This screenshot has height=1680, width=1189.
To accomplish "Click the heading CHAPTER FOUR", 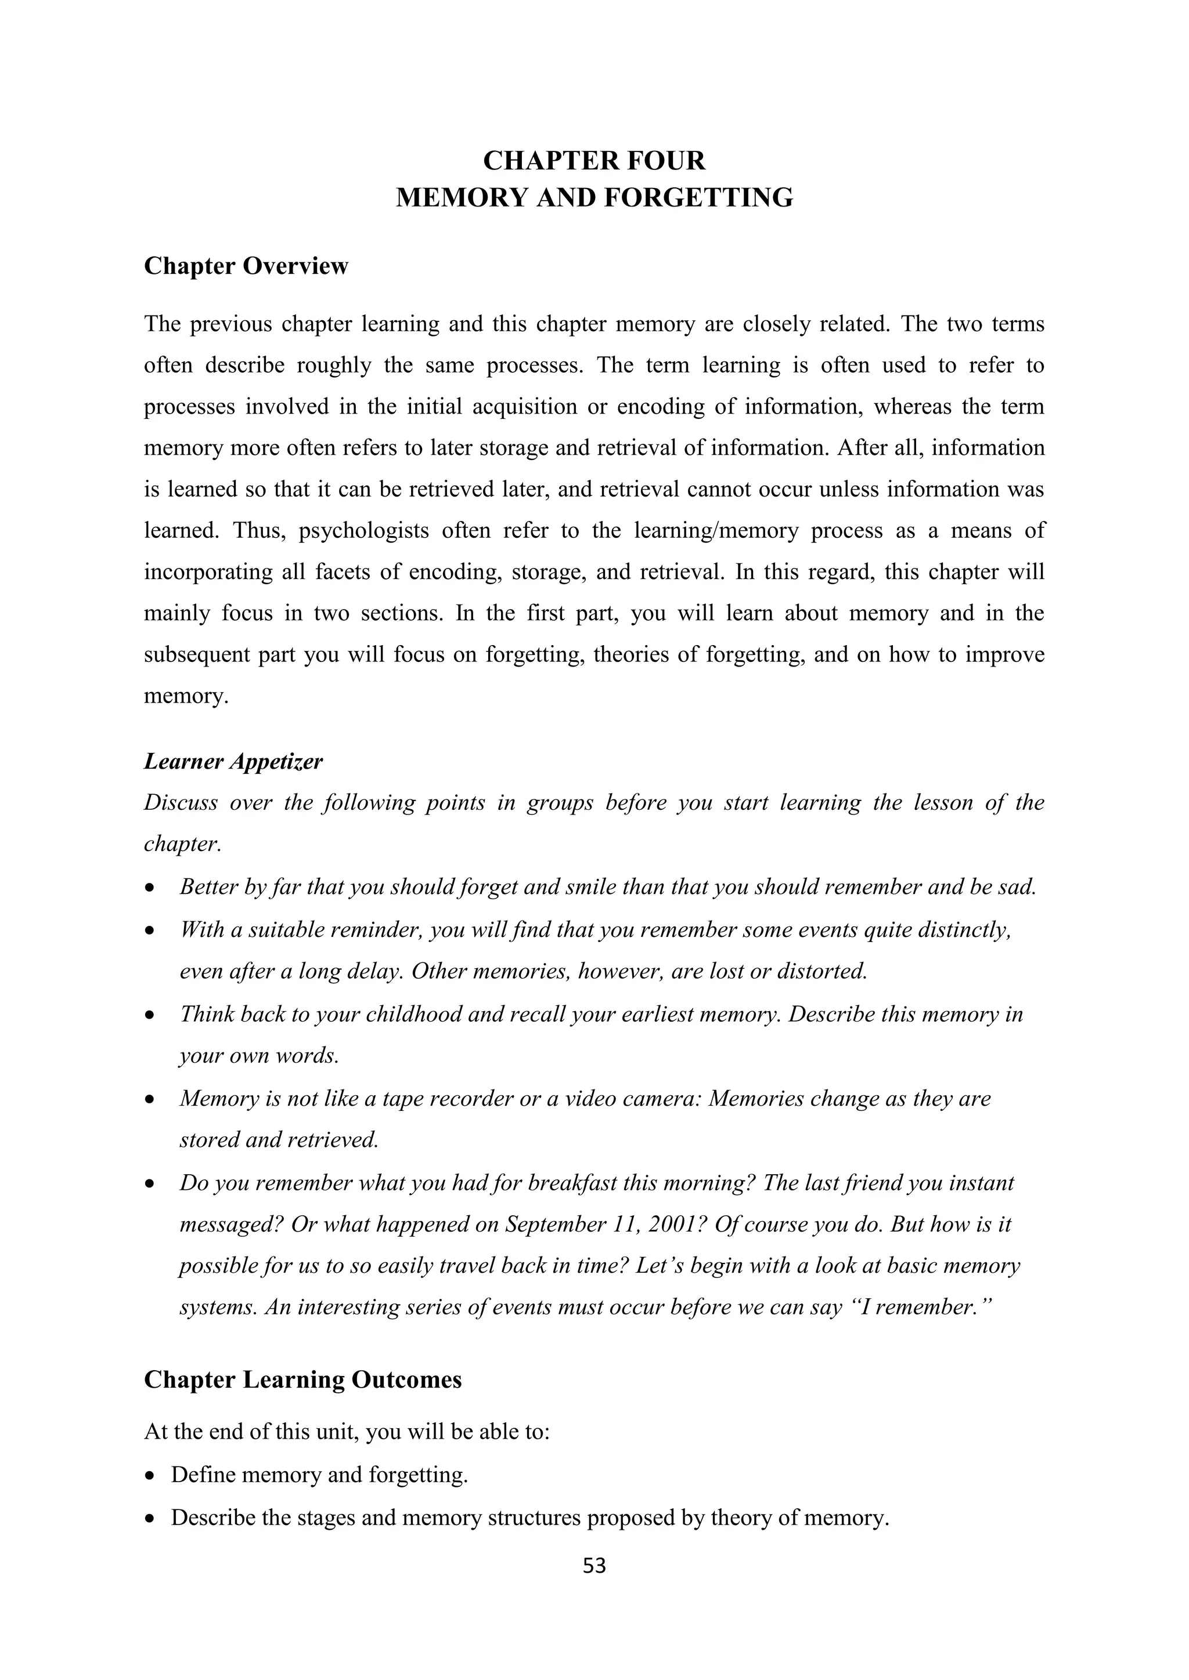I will [594, 160].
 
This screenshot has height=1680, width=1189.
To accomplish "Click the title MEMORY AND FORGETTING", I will [594, 198].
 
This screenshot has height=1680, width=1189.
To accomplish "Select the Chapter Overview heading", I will [246, 266].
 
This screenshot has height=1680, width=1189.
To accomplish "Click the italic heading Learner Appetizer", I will [233, 762].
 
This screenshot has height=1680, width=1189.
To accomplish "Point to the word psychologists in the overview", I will [363, 530].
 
